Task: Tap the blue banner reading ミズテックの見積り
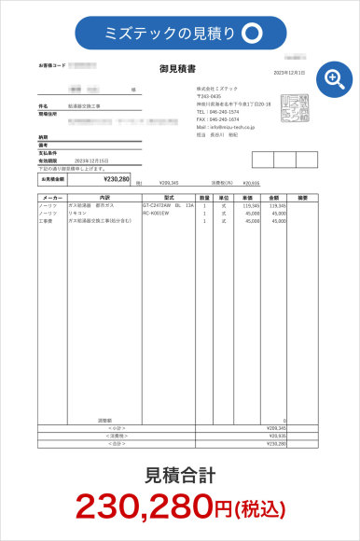click(180, 33)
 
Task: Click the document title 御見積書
click(177, 67)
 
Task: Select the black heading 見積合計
click(180, 476)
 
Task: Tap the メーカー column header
click(52, 199)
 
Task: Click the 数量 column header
click(204, 199)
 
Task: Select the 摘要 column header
click(303, 199)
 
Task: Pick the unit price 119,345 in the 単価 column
click(251, 206)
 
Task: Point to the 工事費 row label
click(46, 221)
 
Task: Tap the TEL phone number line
click(216, 113)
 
